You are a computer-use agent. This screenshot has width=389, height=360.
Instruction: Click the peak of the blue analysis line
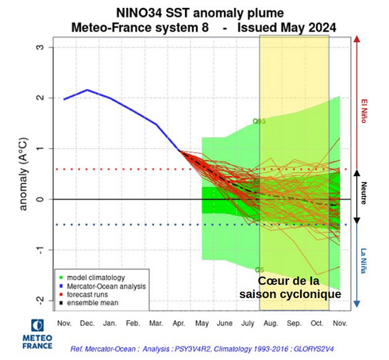point(87,90)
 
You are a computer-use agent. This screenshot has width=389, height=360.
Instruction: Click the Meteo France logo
point(37,334)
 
